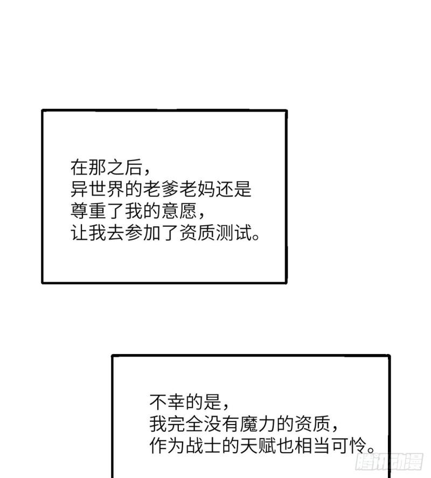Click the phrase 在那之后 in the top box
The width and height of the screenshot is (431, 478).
(x=106, y=168)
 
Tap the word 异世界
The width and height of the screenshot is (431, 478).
(x=97, y=189)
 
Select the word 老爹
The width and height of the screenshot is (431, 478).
(x=161, y=189)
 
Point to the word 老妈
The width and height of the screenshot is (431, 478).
(x=197, y=189)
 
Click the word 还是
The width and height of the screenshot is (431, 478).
(x=233, y=189)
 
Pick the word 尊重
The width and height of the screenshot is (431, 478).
(x=88, y=211)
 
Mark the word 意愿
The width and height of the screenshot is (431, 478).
(x=179, y=211)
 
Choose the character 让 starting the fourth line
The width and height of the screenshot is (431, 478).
(x=79, y=233)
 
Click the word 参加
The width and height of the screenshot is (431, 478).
(x=143, y=233)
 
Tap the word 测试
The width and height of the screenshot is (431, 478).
(x=233, y=233)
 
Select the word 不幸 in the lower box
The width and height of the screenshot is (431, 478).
(x=167, y=402)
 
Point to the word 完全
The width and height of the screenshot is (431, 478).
(x=185, y=424)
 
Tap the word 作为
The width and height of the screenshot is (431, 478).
(x=167, y=446)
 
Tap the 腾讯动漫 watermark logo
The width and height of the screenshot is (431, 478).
(x=389, y=461)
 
